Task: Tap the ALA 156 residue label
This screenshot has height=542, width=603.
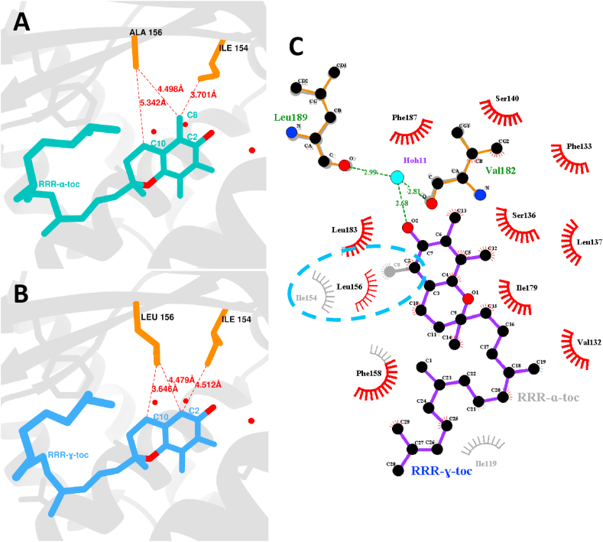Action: (145, 32)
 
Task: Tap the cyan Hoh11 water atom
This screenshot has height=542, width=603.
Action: (397, 178)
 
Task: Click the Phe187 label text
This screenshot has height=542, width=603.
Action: (403, 118)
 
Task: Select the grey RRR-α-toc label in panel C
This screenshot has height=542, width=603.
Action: (548, 397)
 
